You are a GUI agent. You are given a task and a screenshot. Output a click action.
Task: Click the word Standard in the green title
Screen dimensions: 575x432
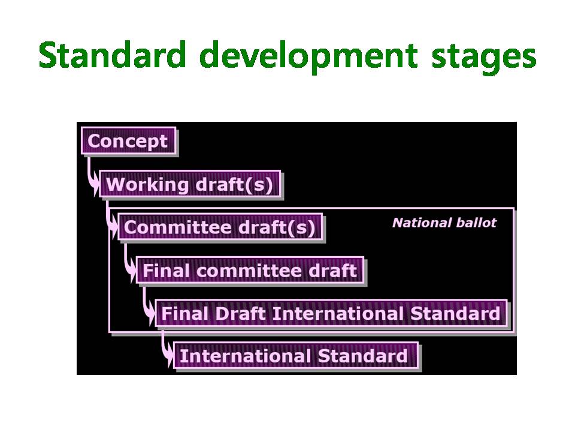(112, 55)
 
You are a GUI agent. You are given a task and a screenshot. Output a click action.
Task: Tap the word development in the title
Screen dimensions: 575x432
(308, 58)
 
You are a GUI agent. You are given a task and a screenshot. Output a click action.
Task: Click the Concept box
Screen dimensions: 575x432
(128, 141)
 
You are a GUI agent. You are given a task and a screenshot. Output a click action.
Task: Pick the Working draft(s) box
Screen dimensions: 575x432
(190, 184)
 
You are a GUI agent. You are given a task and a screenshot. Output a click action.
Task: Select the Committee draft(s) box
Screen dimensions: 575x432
(220, 227)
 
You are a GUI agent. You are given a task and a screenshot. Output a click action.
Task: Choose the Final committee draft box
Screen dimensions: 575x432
(250, 270)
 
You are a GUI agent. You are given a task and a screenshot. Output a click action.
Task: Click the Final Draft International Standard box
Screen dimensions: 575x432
(331, 313)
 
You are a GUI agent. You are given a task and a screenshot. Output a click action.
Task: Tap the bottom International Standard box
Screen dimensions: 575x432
(296, 356)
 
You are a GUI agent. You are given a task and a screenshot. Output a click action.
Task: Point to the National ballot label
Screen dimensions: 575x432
(444, 223)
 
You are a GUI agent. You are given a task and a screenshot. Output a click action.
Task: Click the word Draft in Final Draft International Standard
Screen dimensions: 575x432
(240, 314)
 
